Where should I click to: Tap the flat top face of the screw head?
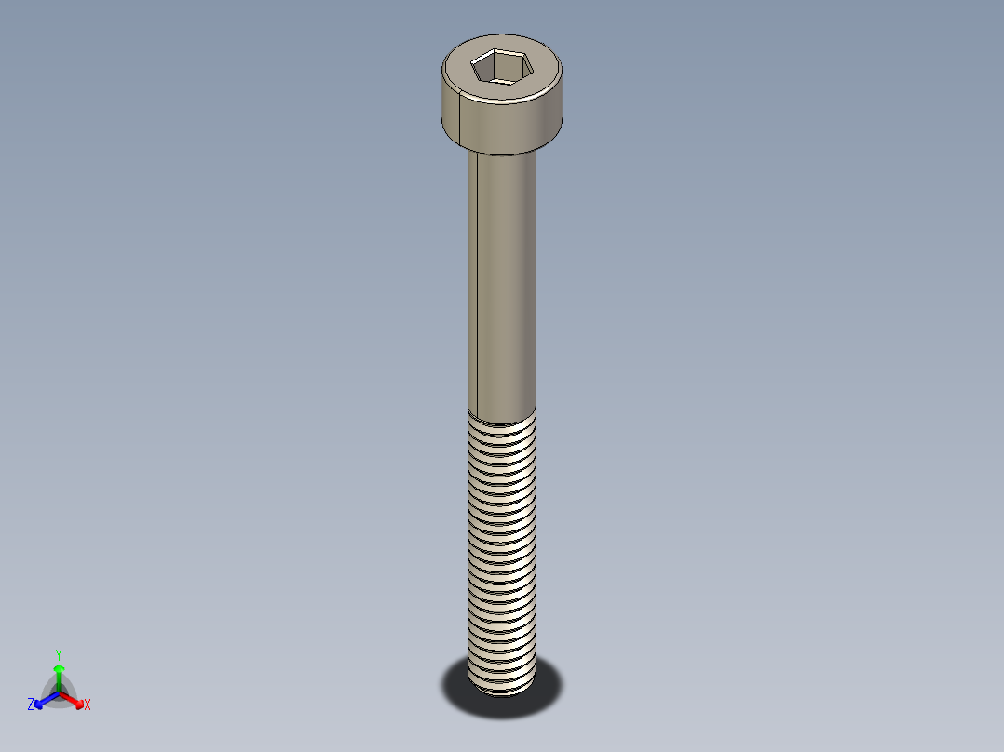(536, 74)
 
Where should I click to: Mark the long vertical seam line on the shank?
(476, 279)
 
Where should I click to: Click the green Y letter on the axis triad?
(59, 654)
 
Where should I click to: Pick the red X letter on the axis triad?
(88, 705)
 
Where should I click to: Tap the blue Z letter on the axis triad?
(31, 705)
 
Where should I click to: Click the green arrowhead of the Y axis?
(59, 669)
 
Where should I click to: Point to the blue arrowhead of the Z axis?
(40, 701)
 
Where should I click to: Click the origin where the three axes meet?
(59, 692)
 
